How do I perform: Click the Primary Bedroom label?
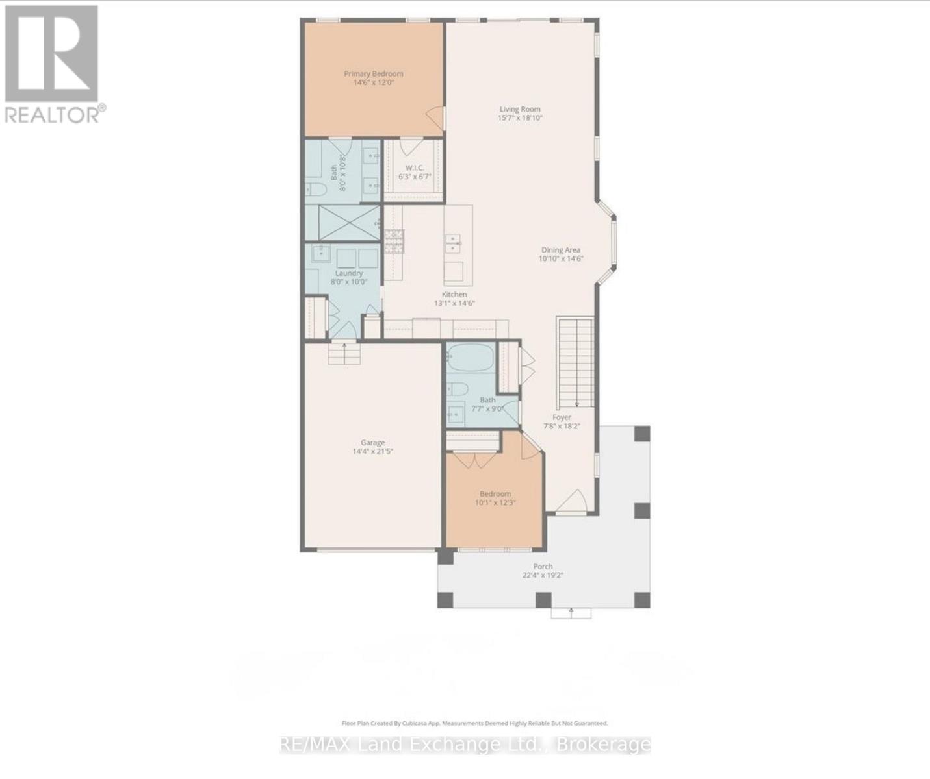pyautogui.click(x=374, y=74)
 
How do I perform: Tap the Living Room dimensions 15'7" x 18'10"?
pyautogui.click(x=520, y=118)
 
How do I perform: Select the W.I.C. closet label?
pyautogui.click(x=415, y=167)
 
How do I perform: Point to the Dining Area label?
pyautogui.click(x=561, y=250)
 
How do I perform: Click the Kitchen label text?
pyautogui.click(x=455, y=295)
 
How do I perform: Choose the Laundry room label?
pyautogui.click(x=349, y=273)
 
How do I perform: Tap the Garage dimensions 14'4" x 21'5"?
pyautogui.click(x=373, y=451)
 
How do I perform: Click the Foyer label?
pyautogui.click(x=562, y=417)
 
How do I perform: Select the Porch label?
pyautogui.click(x=543, y=567)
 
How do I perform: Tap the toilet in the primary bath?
pyautogui.click(x=316, y=190)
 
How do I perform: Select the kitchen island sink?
pyautogui.click(x=454, y=243)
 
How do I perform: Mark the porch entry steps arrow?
pyautogui.click(x=571, y=612)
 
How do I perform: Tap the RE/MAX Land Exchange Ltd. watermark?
pyautogui.click(x=465, y=745)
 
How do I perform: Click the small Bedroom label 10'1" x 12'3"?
pyautogui.click(x=495, y=498)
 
